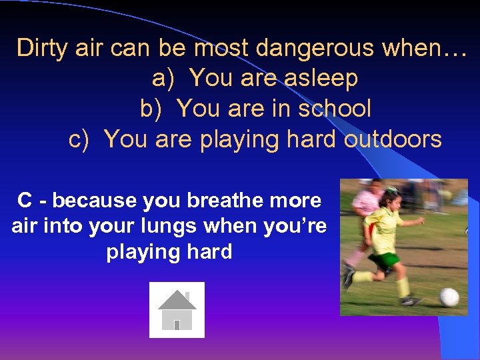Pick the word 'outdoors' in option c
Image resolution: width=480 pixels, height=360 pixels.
pyautogui.click(x=393, y=139)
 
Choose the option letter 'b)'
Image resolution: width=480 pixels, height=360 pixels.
pyautogui.click(x=151, y=109)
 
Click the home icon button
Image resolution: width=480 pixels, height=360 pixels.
pyautogui.click(x=177, y=310)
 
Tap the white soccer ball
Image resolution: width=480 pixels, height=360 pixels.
pyautogui.click(x=449, y=297)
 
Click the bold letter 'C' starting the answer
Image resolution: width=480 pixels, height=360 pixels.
pyautogui.click(x=25, y=200)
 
